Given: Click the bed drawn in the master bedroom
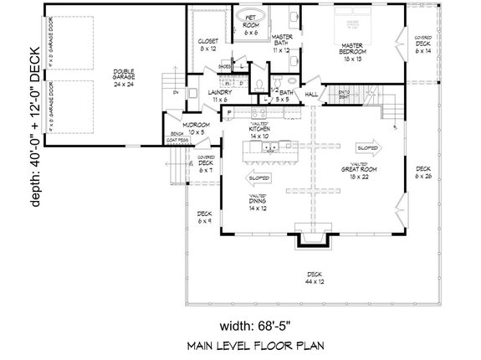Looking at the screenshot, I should [350, 21].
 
